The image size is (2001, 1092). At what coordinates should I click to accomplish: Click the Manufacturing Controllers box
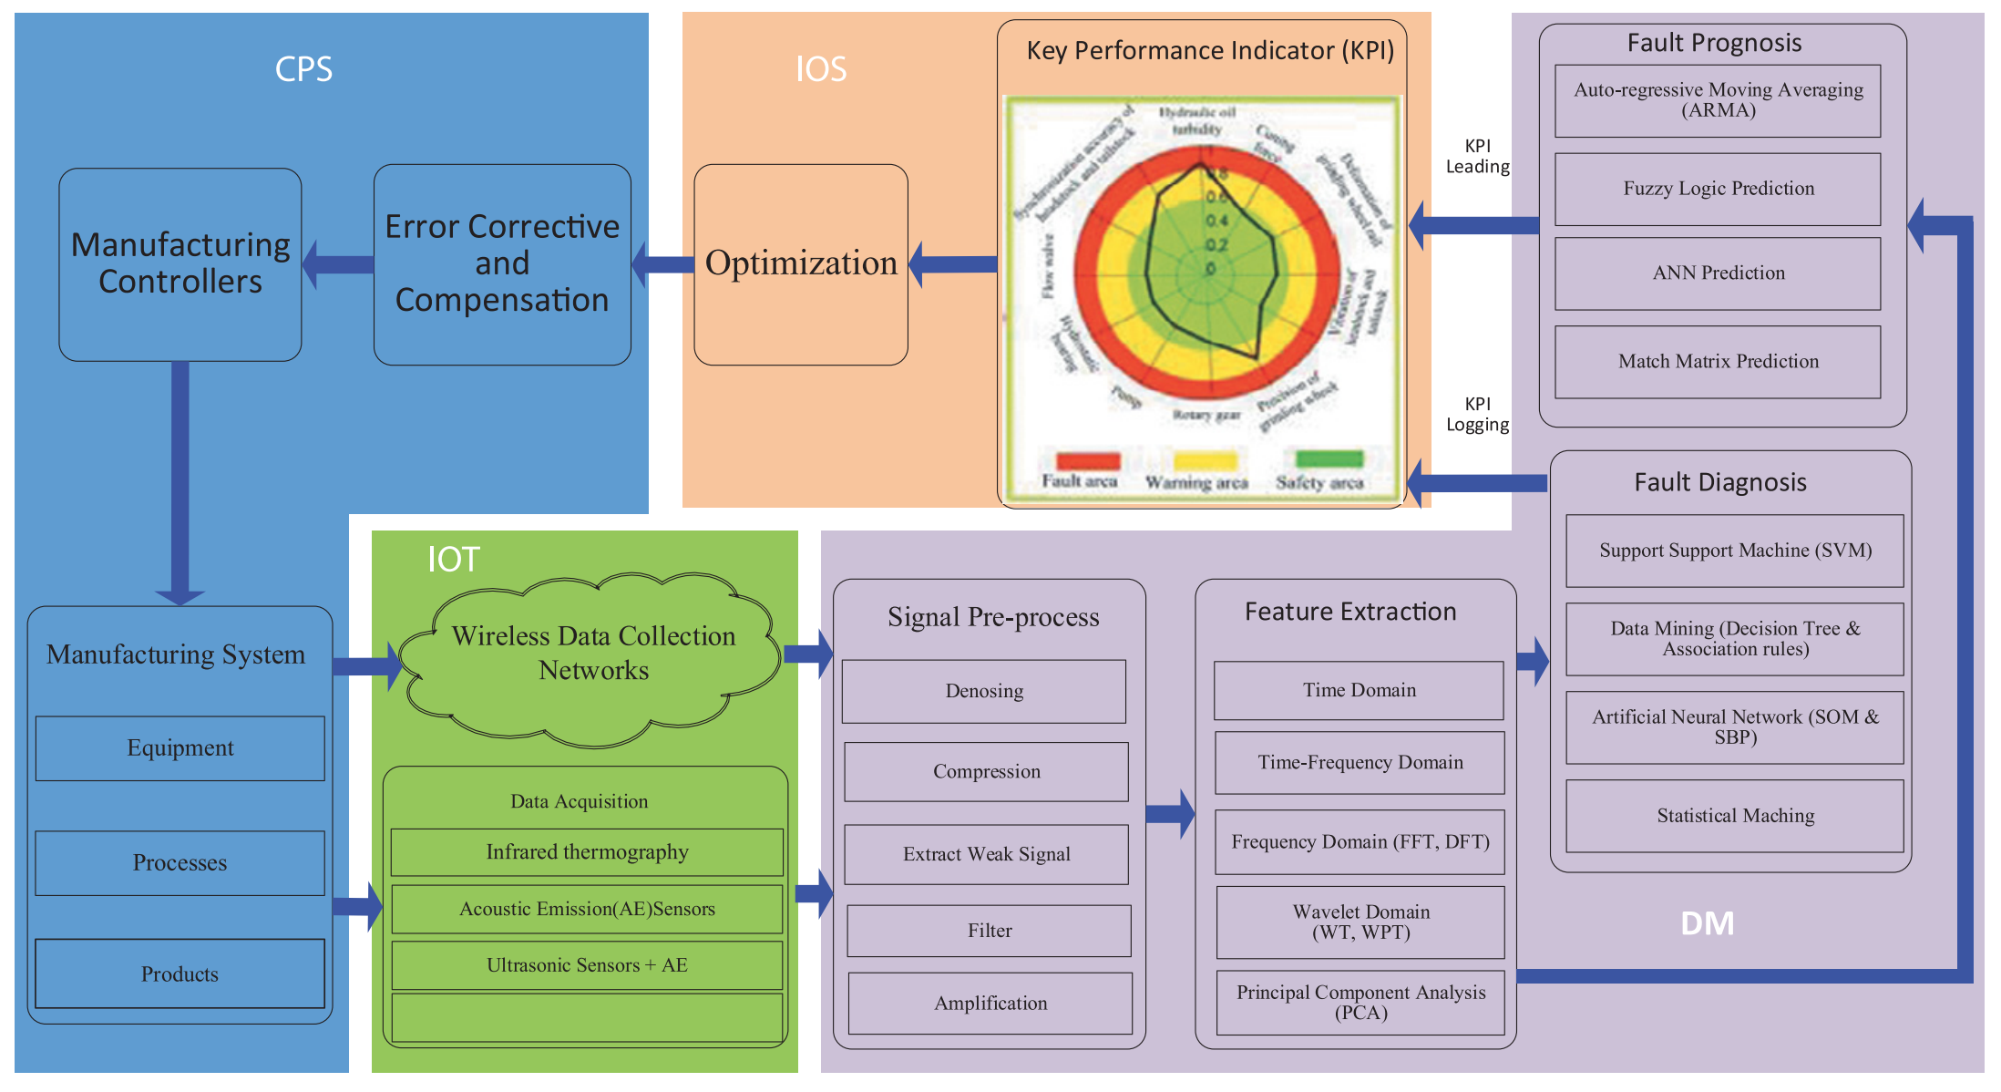coord(180,264)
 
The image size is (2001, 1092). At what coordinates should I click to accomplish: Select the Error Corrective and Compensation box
coord(501,264)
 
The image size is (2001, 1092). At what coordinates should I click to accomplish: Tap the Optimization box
coord(800,264)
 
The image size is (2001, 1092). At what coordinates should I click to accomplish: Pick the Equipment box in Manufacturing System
coord(180,748)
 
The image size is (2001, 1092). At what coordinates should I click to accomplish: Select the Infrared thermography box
coord(587,852)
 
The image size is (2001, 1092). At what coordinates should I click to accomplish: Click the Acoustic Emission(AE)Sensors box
coord(587,909)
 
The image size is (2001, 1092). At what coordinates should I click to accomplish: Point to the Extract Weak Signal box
coord(986,854)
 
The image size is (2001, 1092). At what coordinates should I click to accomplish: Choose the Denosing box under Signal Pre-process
coord(984,691)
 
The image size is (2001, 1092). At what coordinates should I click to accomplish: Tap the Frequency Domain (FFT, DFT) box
coord(1360,841)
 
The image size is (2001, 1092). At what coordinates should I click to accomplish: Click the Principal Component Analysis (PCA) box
coord(1360,1002)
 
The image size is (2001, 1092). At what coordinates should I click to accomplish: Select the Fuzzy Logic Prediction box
coord(1718,189)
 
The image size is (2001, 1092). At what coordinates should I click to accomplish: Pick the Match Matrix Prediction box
coord(1718,362)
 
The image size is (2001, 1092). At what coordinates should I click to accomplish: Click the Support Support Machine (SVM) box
coord(1735,551)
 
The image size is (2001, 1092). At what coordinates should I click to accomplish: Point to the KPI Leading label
coord(1477,157)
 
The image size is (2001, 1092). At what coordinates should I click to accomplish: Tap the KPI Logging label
coord(1477,415)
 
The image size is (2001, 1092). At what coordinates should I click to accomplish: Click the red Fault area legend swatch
coord(1087,460)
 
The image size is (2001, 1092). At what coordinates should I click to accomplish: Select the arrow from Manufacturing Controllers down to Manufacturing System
coord(180,483)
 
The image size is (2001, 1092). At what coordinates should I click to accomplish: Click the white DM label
coord(1707,924)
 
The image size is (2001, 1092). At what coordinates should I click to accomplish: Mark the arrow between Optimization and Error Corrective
coord(663,264)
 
